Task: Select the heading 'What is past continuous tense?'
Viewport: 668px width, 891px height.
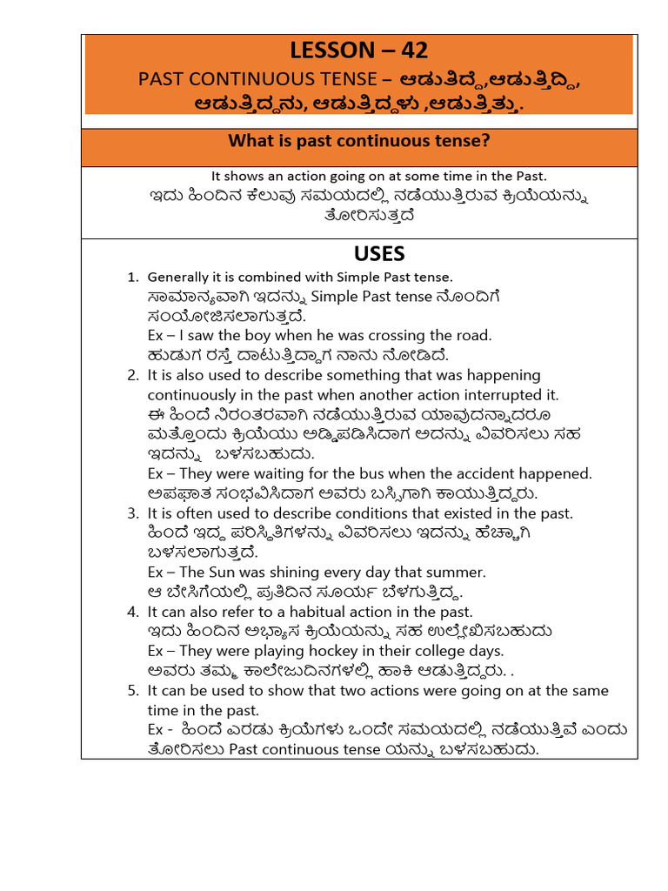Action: click(359, 140)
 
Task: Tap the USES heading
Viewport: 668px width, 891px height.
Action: click(379, 253)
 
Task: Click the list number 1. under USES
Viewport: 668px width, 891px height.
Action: click(133, 278)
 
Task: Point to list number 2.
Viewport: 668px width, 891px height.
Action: click(133, 375)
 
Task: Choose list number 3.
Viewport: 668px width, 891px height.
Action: click(133, 513)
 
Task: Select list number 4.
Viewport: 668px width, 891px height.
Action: click(133, 612)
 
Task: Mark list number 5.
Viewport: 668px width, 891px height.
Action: click(133, 690)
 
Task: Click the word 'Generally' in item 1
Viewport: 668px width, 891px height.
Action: click(178, 278)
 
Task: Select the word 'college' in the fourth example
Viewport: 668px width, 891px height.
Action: click(408, 651)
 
